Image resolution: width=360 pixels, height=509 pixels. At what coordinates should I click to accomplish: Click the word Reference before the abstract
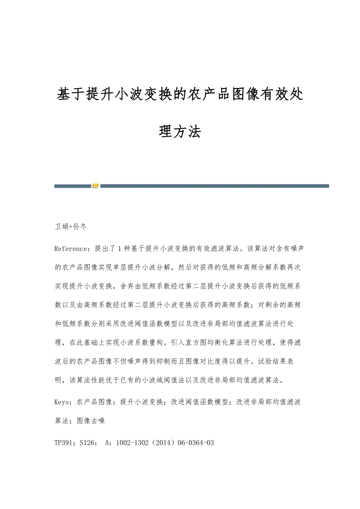click(69, 249)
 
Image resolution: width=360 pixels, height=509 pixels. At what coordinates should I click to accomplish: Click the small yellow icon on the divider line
click(96, 186)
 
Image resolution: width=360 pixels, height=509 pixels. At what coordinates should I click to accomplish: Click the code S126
click(88, 443)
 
